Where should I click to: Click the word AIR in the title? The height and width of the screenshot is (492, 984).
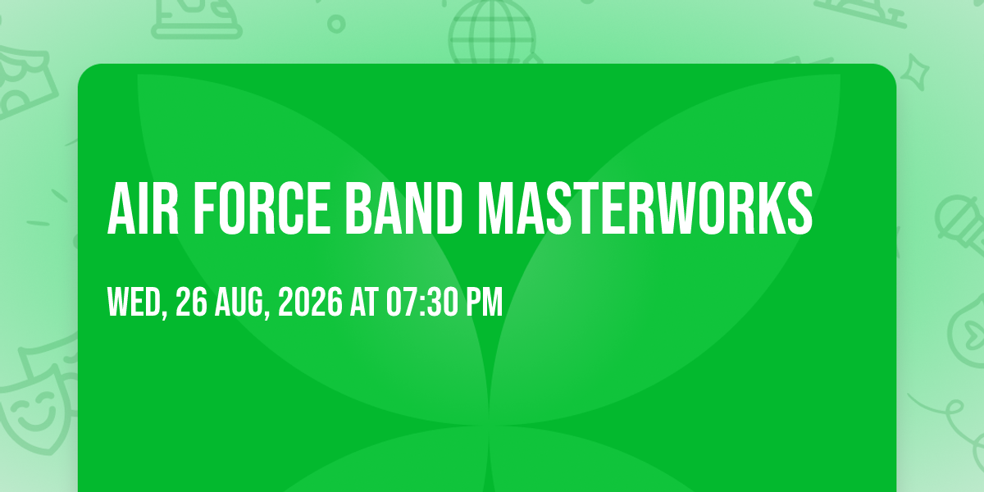pyautogui.click(x=143, y=208)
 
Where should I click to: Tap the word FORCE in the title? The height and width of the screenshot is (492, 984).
pyautogui.click(x=262, y=208)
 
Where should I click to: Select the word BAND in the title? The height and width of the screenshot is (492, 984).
pyautogui.click(x=403, y=208)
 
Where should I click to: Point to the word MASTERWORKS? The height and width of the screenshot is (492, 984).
pyautogui.click(x=645, y=208)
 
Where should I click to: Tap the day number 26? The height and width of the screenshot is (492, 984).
pyautogui.click(x=191, y=302)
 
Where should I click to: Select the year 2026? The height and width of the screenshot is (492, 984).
pyautogui.click(x=310, y=302)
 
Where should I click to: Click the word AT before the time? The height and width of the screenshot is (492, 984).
pyautogui.click(x=364, y=302)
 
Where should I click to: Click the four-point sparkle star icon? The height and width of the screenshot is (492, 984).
pyautogui.click(x=914, y=73)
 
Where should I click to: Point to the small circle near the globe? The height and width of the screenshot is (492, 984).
pyautogui.click(x=336, y=24)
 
